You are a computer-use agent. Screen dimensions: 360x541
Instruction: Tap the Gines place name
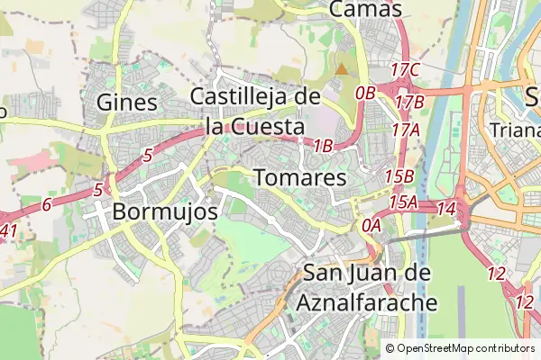click(x=126, y=101)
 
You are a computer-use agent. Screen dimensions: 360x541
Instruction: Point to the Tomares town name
click(x=300, y=177)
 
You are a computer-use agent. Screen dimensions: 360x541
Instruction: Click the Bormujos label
click(x=166, y=212)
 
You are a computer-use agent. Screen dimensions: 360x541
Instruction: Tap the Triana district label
click(x=514, y=129)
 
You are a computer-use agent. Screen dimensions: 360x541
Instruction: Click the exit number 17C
click(x=407, y=70)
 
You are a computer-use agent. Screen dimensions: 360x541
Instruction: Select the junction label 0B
click(x=365, y=92)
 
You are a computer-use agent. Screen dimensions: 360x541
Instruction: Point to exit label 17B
click(x=409, y=102)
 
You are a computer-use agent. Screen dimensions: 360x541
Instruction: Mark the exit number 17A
click(x=406, y=130)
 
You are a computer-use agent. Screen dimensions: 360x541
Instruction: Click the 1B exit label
click(x=324, y=146)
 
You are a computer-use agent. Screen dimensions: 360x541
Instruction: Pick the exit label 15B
click(x=399, y=176)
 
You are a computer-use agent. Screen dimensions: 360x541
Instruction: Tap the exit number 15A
click(x=403, y=202)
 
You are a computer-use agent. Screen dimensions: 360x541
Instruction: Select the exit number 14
click(x=445, y=209)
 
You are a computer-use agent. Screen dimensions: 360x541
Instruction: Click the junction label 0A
click(x=371, y=227)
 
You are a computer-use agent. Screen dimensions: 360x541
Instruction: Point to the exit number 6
click(x=46, y=205)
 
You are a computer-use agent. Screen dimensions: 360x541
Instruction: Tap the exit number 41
click(x=8, y=231)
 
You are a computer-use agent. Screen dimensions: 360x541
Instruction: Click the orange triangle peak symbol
click(x=341, y=68)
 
